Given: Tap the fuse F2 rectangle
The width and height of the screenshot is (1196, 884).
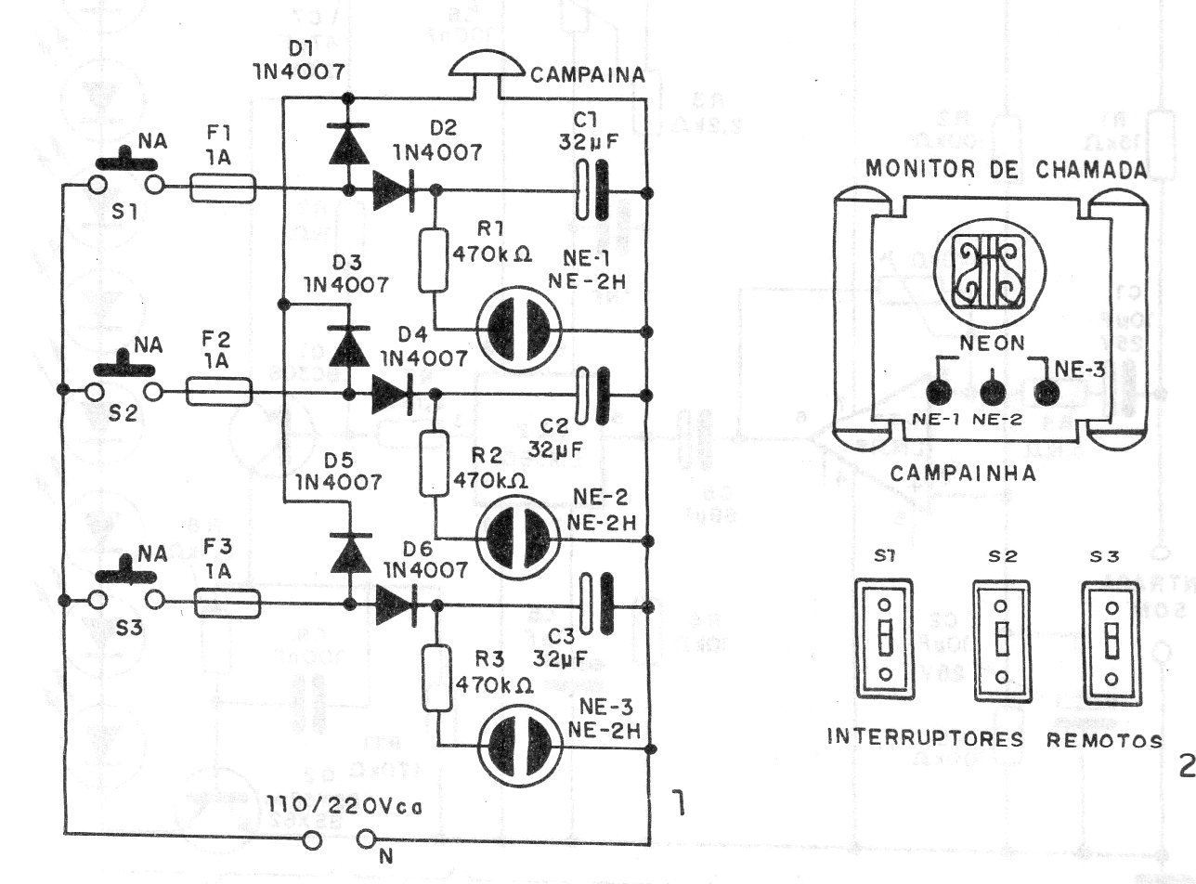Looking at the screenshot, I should point(220,392).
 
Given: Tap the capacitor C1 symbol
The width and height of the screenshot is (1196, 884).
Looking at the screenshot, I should point(591,190).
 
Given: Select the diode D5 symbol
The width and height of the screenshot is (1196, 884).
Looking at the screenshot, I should point(349,554).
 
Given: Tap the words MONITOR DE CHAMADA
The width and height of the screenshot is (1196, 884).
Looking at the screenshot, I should point(1005,170).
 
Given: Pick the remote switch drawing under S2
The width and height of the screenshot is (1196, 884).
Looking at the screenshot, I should point(1000,641).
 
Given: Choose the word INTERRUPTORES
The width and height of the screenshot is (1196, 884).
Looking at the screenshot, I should point(925,740).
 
